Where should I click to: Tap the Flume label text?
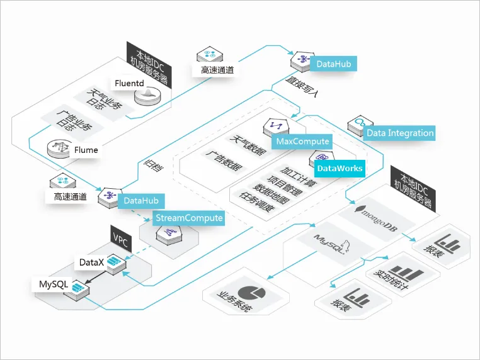(x=86, y=150)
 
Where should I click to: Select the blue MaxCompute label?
(x=302, y=142)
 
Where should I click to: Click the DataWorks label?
(x=340, y=168)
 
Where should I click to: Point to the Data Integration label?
(x=400, y=133)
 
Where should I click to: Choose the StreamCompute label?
(x=189, y=218)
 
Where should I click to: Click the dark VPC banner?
(x=120, y=238)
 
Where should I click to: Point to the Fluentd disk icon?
(x=149, y=96)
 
